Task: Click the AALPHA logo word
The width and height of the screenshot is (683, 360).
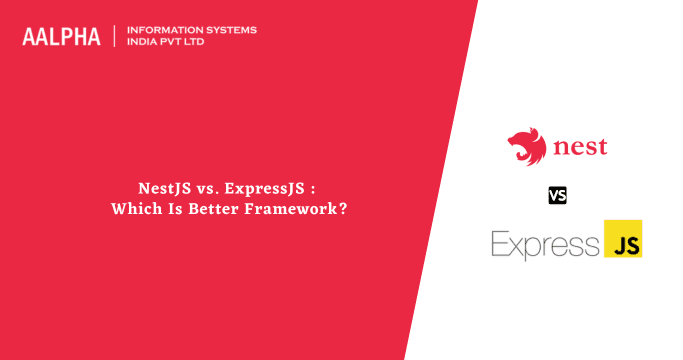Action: (61, 37)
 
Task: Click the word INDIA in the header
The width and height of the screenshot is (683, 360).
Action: (143, 42)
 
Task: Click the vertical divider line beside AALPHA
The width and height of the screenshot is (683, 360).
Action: (115, 36)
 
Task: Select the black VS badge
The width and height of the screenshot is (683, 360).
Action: (557, 195)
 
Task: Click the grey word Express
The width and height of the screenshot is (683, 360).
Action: (543, 243)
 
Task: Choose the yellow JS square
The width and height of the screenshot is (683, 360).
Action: (622, 239)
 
